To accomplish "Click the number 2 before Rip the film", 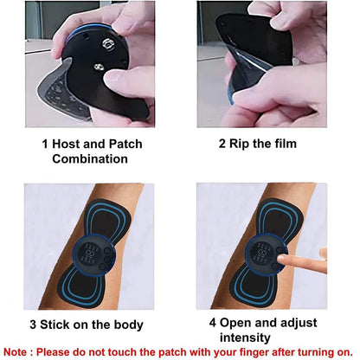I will (x=221, y=143).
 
